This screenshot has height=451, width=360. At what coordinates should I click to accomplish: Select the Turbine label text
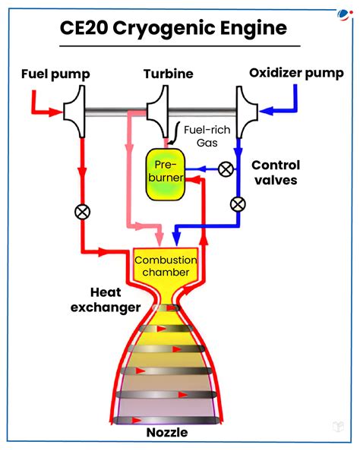pyautogui.click(x=168, y=74)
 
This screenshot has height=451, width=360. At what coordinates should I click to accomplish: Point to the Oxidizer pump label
pyautogui.click(x=296, y=74)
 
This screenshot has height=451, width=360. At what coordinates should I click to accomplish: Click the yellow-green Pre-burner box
pyautogui.click(x=166, y=174)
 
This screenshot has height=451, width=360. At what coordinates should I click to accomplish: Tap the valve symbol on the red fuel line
pyautogui.click(x=82, y=212)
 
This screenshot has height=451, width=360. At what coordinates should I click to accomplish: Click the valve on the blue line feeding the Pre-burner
pyautogui.click(x=226, y=169)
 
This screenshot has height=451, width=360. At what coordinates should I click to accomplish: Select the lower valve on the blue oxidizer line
pyautogui.click(x=238, y=203)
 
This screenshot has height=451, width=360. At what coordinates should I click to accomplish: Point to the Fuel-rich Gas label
pyautogui.click(x=207, y=136)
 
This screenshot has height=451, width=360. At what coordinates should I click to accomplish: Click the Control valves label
pyautogui.click(x=276, y=173)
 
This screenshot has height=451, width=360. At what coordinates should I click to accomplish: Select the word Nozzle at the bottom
pyautogui.click(x=167, y=433)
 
